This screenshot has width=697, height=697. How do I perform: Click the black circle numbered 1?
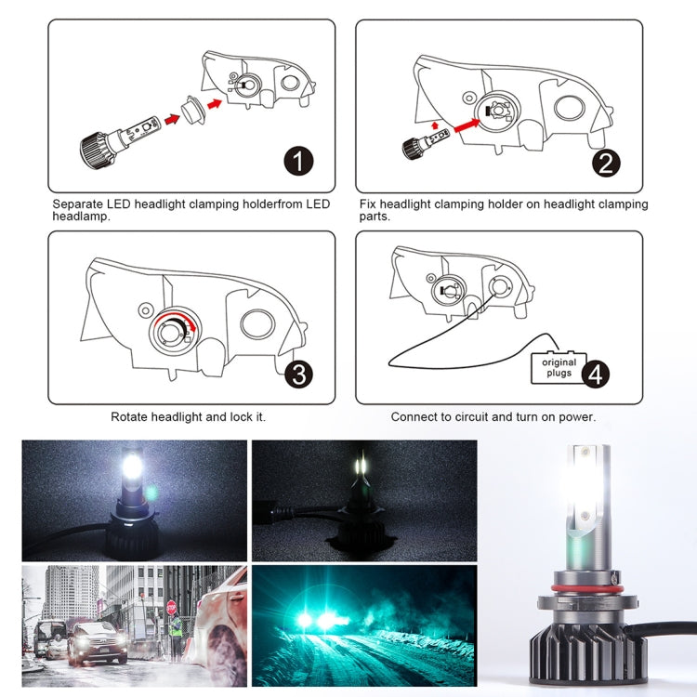298,162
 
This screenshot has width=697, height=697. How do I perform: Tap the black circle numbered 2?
606,163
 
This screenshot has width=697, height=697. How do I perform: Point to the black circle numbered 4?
596,374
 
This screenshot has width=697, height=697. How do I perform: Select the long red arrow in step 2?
459,120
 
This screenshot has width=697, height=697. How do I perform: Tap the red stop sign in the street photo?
171,607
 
